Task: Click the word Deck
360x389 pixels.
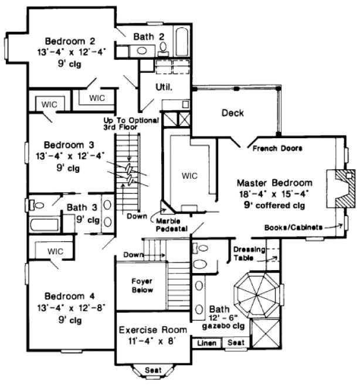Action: (232, 112)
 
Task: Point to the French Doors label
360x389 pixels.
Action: (277, 149)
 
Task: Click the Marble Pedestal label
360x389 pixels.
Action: (172, 224)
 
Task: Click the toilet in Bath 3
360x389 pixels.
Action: (38, 205)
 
